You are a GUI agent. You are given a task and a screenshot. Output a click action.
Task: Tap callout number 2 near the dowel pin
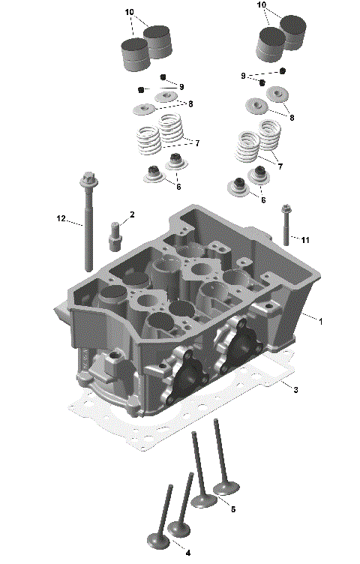132,215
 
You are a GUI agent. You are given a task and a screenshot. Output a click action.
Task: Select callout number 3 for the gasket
296,389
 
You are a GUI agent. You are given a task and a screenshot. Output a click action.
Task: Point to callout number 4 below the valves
187,553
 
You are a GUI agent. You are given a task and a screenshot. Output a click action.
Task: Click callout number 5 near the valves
232,509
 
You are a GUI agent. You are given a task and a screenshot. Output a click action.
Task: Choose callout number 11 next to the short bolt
305,239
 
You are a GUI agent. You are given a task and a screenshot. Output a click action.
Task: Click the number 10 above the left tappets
130,13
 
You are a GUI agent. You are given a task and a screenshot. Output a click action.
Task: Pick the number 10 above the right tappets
262,4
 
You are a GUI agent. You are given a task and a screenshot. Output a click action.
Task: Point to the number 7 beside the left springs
196,142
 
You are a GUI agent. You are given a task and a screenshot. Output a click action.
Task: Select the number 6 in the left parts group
178,186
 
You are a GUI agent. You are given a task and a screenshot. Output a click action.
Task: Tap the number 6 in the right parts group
262,199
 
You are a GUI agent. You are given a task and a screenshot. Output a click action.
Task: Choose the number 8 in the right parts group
291,118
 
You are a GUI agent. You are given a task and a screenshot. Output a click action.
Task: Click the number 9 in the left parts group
181,87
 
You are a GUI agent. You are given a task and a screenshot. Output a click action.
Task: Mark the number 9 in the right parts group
243,76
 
